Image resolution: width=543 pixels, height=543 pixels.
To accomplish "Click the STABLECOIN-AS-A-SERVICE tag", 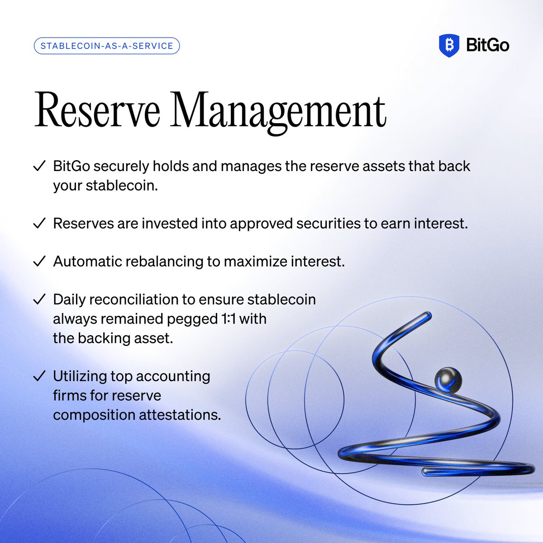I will pos(107,46).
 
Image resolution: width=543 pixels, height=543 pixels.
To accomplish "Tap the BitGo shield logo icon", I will pos(449,45).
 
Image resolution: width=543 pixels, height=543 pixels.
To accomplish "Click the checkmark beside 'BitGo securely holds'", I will pos(39,166).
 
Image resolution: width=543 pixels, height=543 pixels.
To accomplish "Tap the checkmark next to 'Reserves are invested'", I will pos(39,223).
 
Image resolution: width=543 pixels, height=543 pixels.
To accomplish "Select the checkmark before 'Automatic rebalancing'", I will pos(39,261).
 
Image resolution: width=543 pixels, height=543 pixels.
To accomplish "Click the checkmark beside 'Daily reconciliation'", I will pos(39,299).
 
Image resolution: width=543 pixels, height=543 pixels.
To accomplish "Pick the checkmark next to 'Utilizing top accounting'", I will pos(39,376).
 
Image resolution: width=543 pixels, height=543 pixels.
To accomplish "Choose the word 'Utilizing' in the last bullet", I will pos(80,376).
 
